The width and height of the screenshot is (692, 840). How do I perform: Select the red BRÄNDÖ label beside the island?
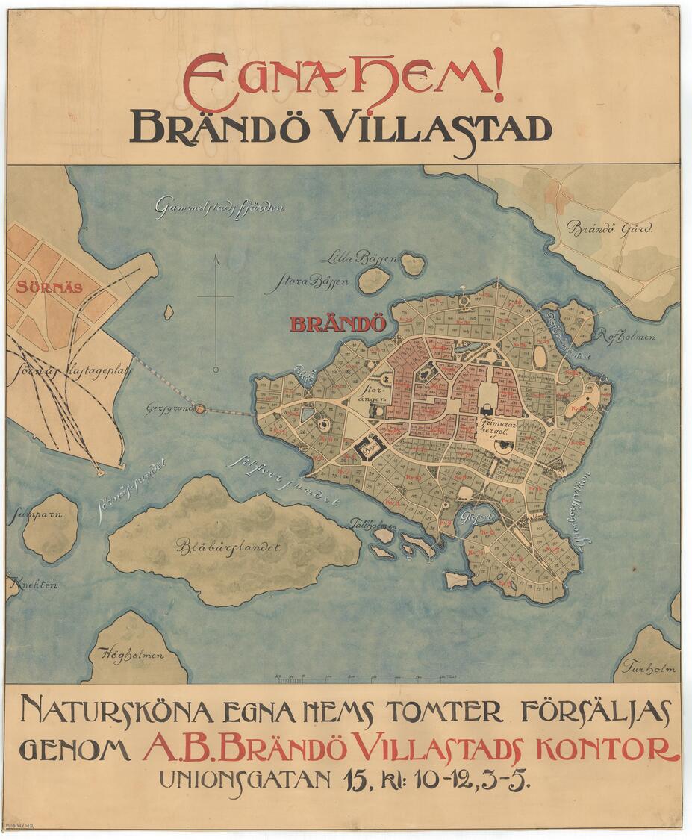tap(337, 325)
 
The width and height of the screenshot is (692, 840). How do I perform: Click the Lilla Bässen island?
tap(412, 264)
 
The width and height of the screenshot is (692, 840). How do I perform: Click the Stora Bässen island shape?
tap(373, 280)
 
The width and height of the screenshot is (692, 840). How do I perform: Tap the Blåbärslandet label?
tap(228, 547)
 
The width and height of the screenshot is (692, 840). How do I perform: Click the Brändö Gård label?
tap(608, 228)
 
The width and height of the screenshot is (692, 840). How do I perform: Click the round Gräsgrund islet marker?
tap(199, 409)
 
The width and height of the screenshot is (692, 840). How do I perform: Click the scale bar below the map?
tap(366, 678)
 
